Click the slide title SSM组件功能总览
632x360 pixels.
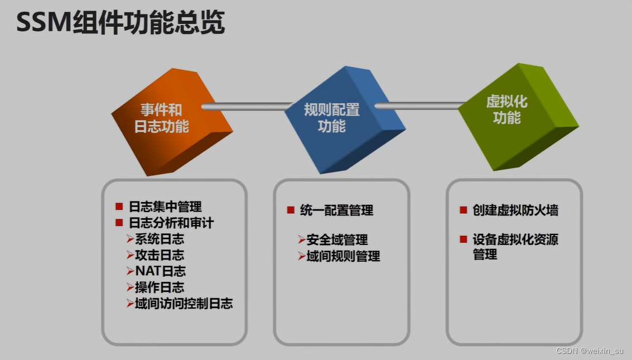pyautogui.click(x=120, y=23)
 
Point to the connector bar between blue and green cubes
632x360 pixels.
pyautogui.click(x=419, y=105)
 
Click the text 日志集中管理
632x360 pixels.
pyautogui.click(x=165, y=207)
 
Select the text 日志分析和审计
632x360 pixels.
pyautogui.click(x=171, y=223)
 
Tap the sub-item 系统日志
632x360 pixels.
pyautogui.click(x=159, y=239)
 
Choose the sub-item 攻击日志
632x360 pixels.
pyautogui.click(x=159, y=256)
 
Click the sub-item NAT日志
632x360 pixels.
pyautogui.click(x=160, y=272)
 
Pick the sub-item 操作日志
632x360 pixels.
pyautogui.click(x=159, y=288)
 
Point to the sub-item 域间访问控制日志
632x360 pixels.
pyautogui.click(x=184, y=304)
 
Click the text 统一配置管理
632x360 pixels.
pyautogui.click(x=336, y=210)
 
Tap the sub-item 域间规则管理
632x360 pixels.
pyautogui.click(x=343, y=257)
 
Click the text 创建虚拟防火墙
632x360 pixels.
pyautogui.click(x=515, y=210)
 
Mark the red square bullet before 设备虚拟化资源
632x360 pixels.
pyautogui.click(x=464, y=239)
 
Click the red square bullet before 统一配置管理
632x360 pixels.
pyautogui.click(x=291, y=210)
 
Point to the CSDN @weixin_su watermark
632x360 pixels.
pyautogui.click(x=590, y=351)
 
